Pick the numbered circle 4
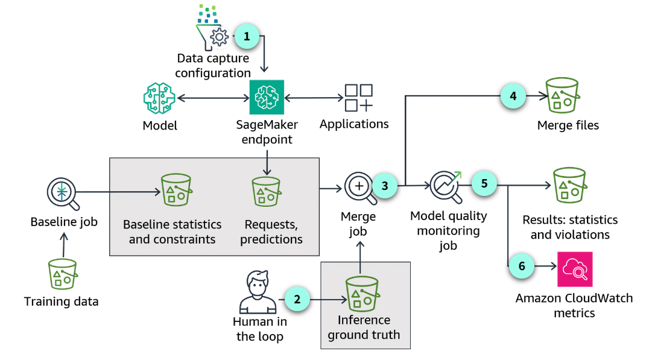click(x=513, y=95)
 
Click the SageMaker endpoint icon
click(x=267, y=97)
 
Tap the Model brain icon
click(x=159, y=98)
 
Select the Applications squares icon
click(x=358, y=98)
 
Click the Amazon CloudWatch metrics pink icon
click(x=575, y=269)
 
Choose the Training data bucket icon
click(x=63, y=274)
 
